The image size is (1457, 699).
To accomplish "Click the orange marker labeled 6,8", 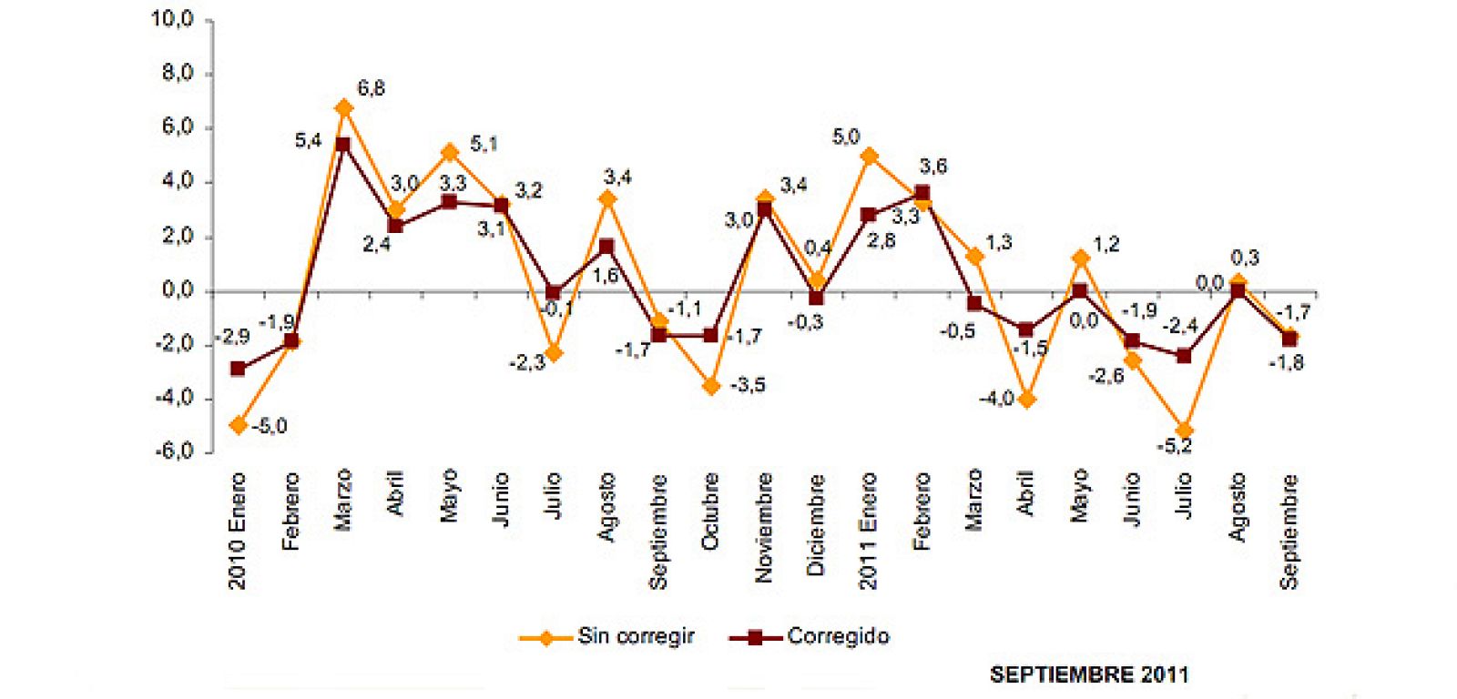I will tap(343, 108).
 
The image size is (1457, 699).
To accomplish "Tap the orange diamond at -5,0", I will tap(239, 425).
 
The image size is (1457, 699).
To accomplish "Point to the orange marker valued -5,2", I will tap(1184, 431).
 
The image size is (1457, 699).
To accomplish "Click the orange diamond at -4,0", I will tap(1027, 400).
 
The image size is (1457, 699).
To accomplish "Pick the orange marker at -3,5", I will tap(711, 387).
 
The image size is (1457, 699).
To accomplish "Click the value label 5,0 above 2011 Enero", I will tap(846, 137).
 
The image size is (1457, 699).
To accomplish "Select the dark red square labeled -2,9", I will tap(239, 369).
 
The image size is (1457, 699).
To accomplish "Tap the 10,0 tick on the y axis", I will tap(172, 20).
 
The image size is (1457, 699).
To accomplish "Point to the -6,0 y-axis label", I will tap(172, 452).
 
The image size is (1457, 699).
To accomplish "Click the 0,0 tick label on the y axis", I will tap(177, 291).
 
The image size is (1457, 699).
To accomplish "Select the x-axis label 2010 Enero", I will tap(237, 531).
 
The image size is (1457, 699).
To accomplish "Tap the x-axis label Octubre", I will tap(710, 512).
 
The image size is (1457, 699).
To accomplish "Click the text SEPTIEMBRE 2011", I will tap(1088, 674).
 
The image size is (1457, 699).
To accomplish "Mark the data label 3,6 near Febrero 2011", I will tap(933, 167).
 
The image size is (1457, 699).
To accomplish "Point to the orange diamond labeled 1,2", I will tap(1080, 258).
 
